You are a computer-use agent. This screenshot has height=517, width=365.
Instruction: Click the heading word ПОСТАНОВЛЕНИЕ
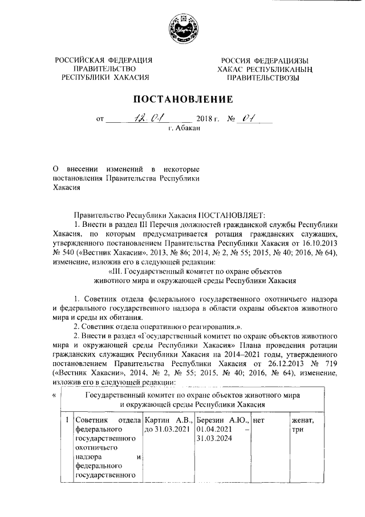coord(182,99)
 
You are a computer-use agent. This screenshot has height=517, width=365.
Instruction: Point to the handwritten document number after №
coord(248,118)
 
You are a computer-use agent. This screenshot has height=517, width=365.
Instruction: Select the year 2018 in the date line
coord(204,120)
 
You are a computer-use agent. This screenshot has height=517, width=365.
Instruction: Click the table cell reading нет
coord(258,420)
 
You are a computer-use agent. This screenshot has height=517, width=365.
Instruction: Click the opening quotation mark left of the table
coord(54,394)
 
